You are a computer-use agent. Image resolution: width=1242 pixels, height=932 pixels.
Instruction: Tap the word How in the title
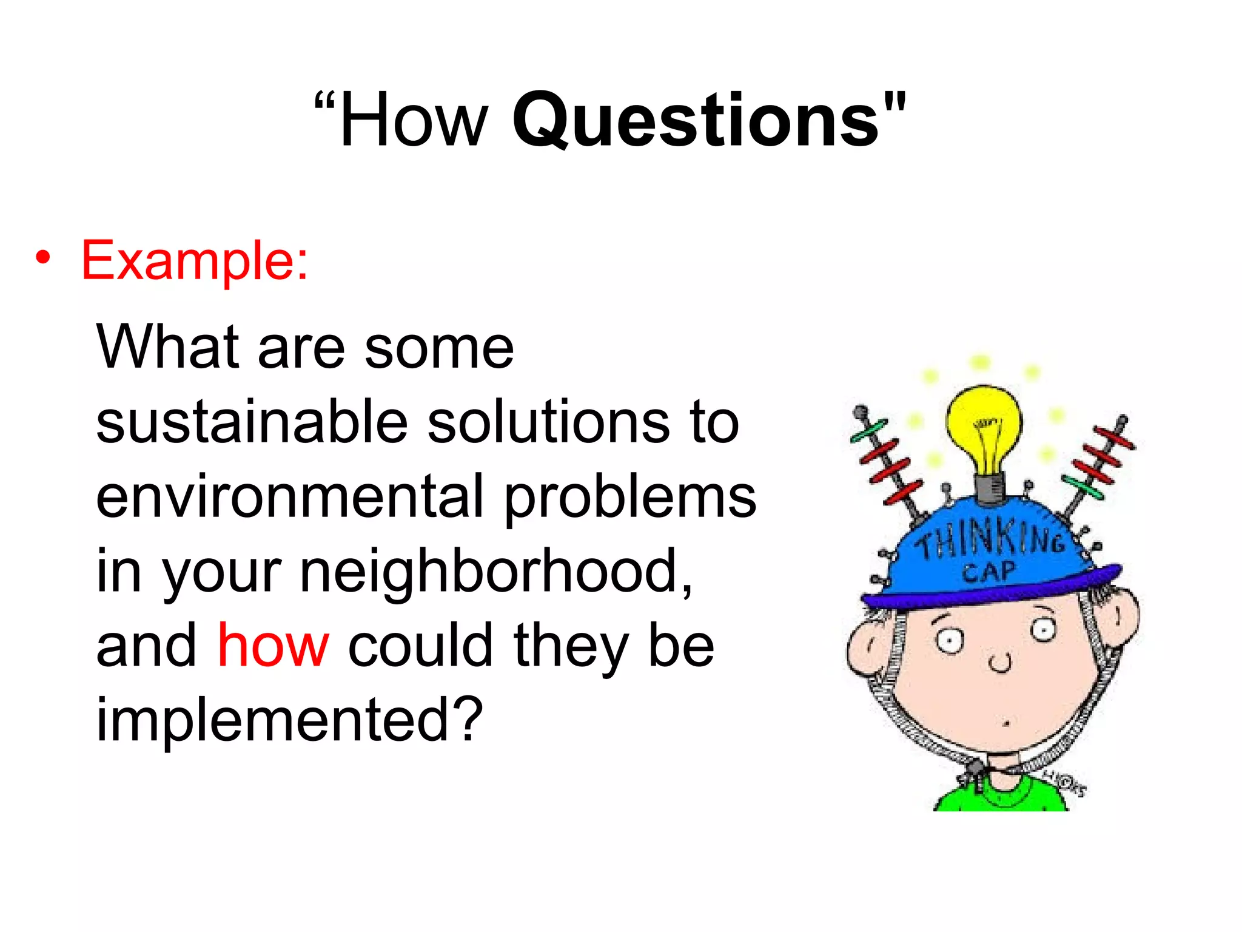[414, 120]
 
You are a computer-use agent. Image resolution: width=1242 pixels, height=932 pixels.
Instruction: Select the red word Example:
[195, 261]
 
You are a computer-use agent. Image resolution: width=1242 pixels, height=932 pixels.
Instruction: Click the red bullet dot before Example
[42, 258]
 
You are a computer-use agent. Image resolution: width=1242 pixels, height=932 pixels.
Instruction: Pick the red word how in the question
[274, 646]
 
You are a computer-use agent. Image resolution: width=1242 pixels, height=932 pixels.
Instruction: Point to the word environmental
[290, 497]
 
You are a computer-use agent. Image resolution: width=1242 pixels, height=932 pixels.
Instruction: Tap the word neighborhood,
[497, 571]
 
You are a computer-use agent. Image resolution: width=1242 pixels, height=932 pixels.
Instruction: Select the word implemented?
[290, 720]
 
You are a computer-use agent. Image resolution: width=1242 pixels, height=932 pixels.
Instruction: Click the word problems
[631, 497]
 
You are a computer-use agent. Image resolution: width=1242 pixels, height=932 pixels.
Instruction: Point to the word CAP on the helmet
[988, 572]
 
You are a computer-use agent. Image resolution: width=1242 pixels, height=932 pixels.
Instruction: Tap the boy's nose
[1000, 663]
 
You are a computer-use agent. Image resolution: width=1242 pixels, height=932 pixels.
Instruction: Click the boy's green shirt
[1001, 796]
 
